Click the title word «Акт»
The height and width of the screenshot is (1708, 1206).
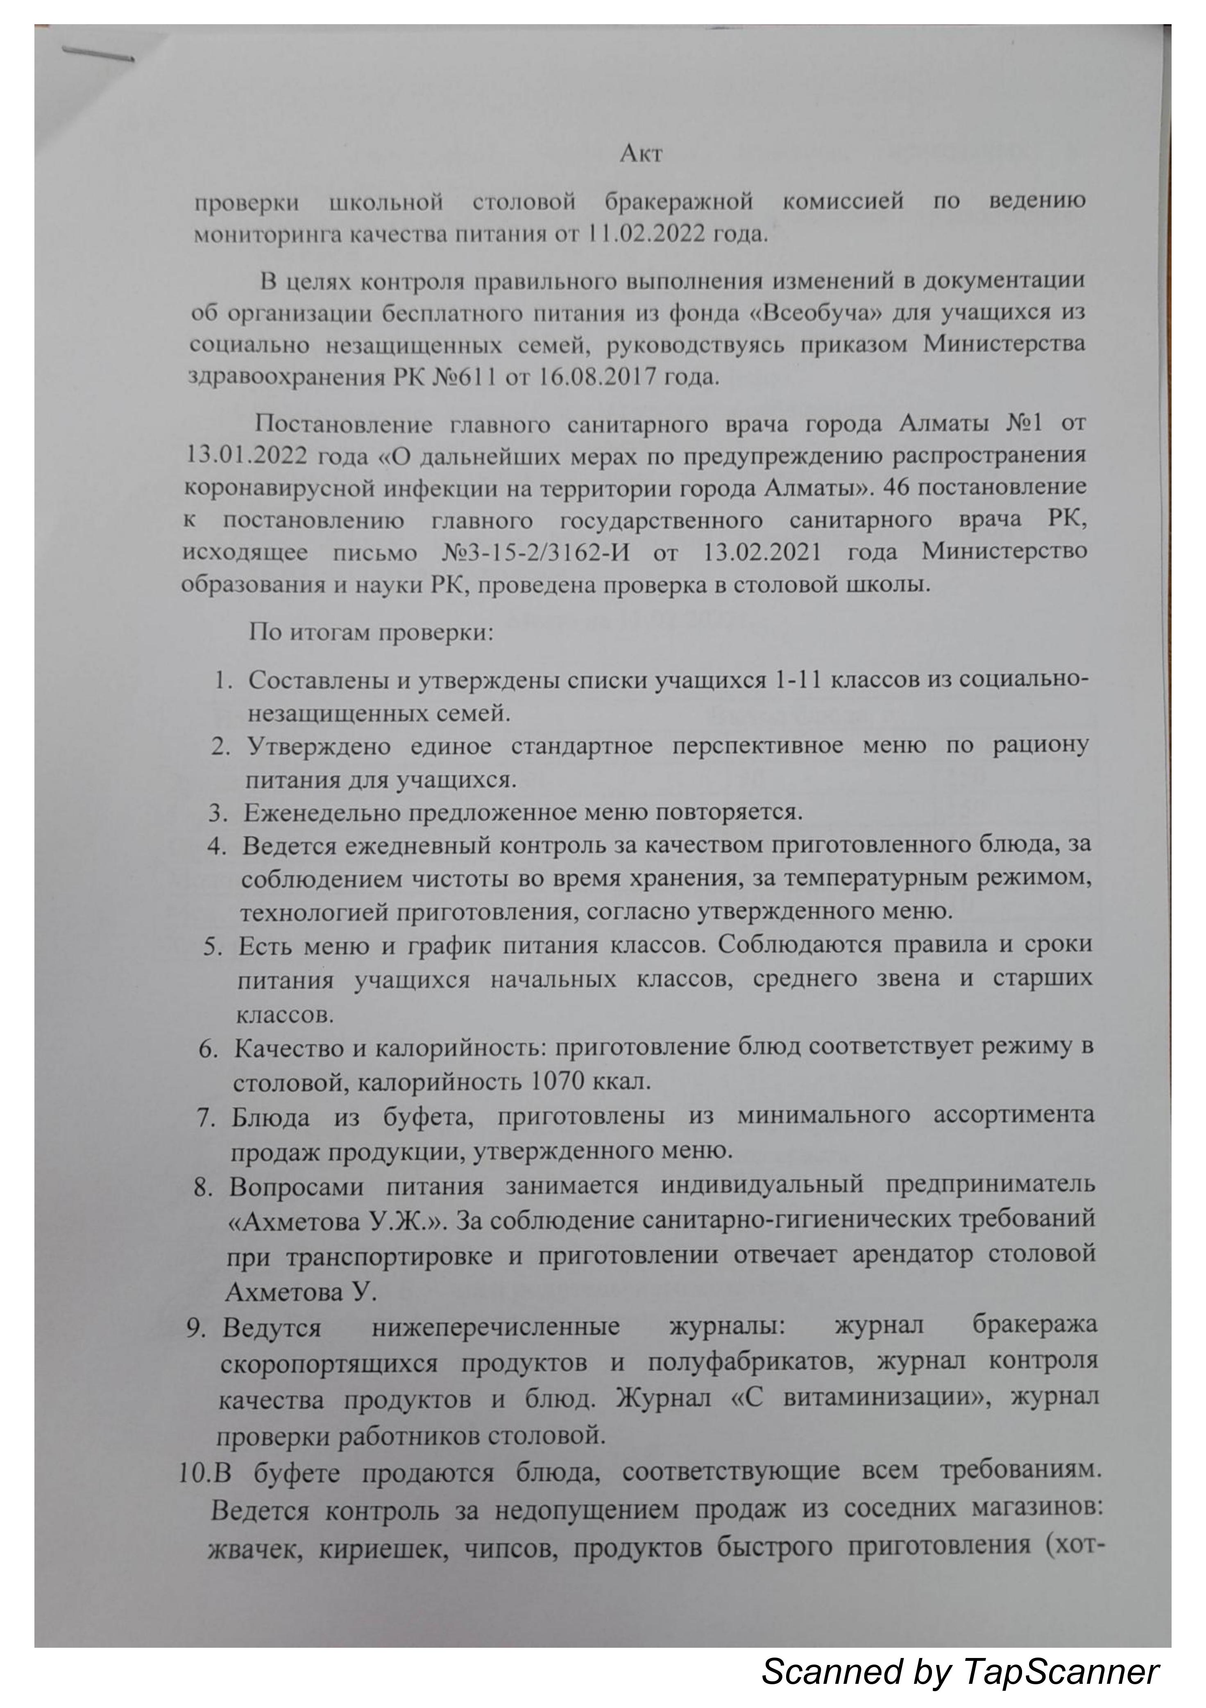pos(641,154)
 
